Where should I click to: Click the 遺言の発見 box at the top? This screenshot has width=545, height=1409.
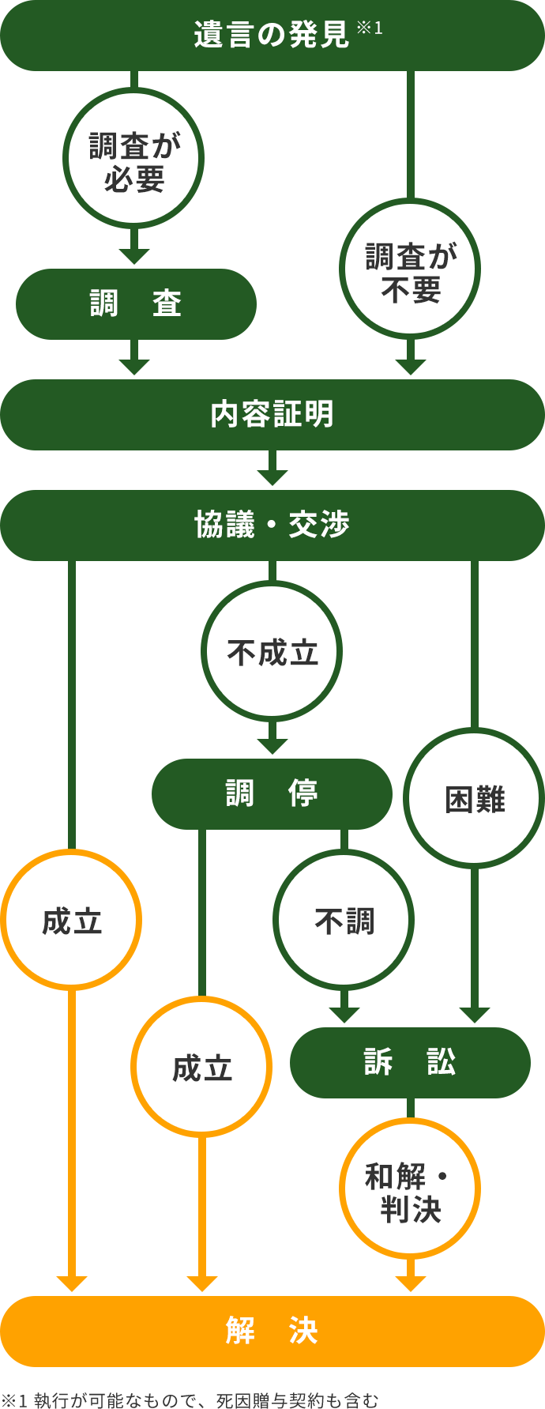pyautogui.click(x=272, y=36)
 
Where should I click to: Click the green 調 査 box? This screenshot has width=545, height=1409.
pyautogui.click(x=136, y=304)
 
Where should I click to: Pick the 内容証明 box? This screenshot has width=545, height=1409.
pyautogui.click(x=272, y=415)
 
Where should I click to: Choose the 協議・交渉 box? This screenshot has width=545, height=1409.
pyautogui.click(x=272, y=526)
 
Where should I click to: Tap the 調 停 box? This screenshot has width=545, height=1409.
pyautogui.click(x=272, y=794)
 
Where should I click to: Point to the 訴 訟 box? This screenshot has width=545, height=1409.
pyautogui.click(x=410, y=1063)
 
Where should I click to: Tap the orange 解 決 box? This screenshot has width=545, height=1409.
pyautogui.click(x=272, y=1332)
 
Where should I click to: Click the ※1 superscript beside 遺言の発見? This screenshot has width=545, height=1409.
pyautogui.click(x=370, y=28)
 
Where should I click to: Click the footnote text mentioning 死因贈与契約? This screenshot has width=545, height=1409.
pyautogui.click(x=190, y=1400)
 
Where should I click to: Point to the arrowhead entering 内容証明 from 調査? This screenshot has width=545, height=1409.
pyautogui.click(x=134, y=367)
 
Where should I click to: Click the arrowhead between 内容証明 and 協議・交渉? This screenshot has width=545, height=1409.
pyautogui.click(x=272, y=477)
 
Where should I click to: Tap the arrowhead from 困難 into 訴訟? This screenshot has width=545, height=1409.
pyautogui.click(x=474, y=1015)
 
